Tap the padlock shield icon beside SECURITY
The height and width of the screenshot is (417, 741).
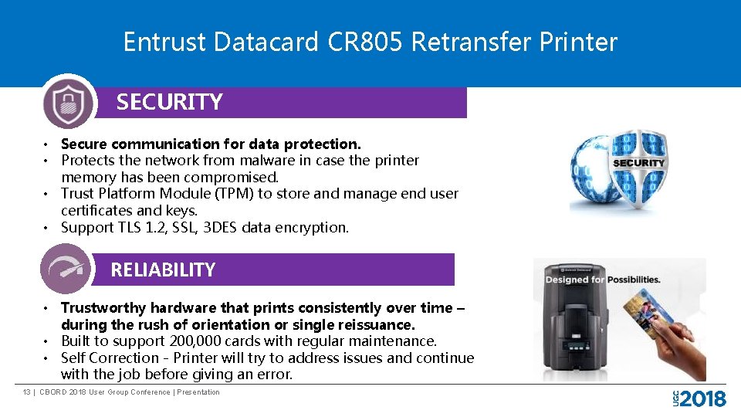pyautogui.click(x=68, y=101)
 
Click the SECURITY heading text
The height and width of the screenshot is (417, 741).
pyautogui.click(x=169, y=102)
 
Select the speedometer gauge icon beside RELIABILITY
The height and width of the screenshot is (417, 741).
pyautogui.click(x=65, y=269)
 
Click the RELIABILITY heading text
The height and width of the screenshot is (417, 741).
pyautogui.click(x=163, y=270)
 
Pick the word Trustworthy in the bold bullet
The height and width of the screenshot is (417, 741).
pyautogui.click(x=103, y=307)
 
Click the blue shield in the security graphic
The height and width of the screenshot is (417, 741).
pyautogui.click(x=638, y=169)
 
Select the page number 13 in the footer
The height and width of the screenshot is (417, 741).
pyautogui.click(x=26, y=392)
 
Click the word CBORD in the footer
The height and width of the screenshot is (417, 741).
pyautogui.click(x=52, y=392)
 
